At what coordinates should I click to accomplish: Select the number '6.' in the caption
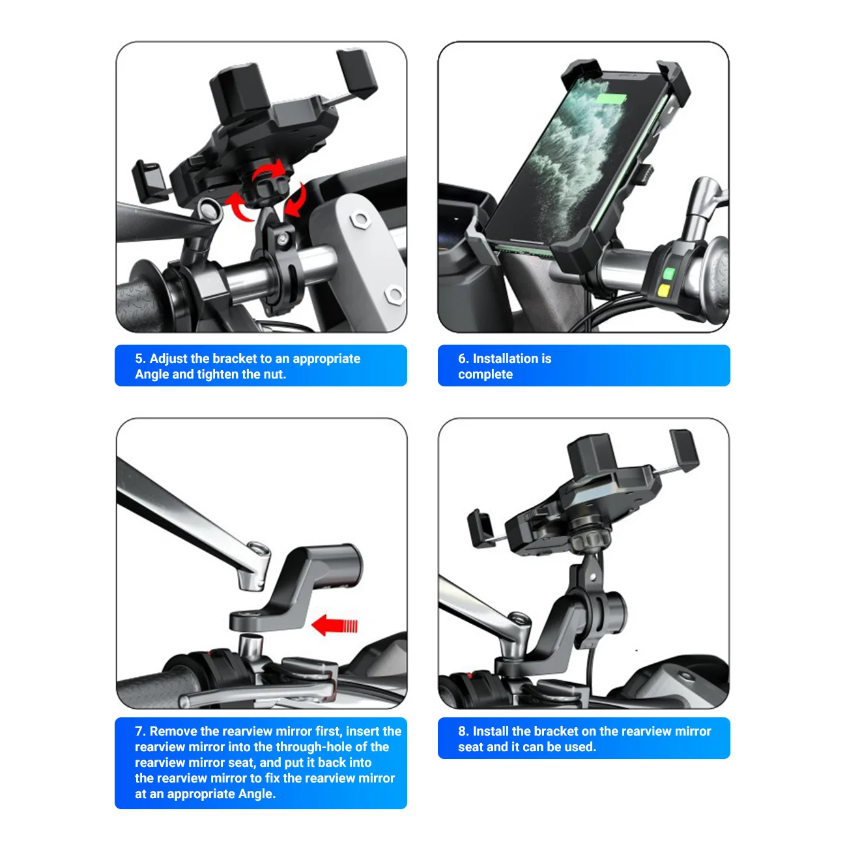pos(463,359)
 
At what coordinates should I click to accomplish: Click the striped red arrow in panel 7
pos(335,626)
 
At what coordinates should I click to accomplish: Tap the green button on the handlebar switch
pos(668,274)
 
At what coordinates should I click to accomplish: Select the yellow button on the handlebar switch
pos(665,291)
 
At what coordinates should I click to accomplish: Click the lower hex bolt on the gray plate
pos(394,294)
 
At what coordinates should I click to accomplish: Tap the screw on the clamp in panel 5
pos(282,239)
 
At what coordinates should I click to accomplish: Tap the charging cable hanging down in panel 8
pos(592,678)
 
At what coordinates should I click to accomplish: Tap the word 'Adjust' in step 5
pos(169,359)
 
